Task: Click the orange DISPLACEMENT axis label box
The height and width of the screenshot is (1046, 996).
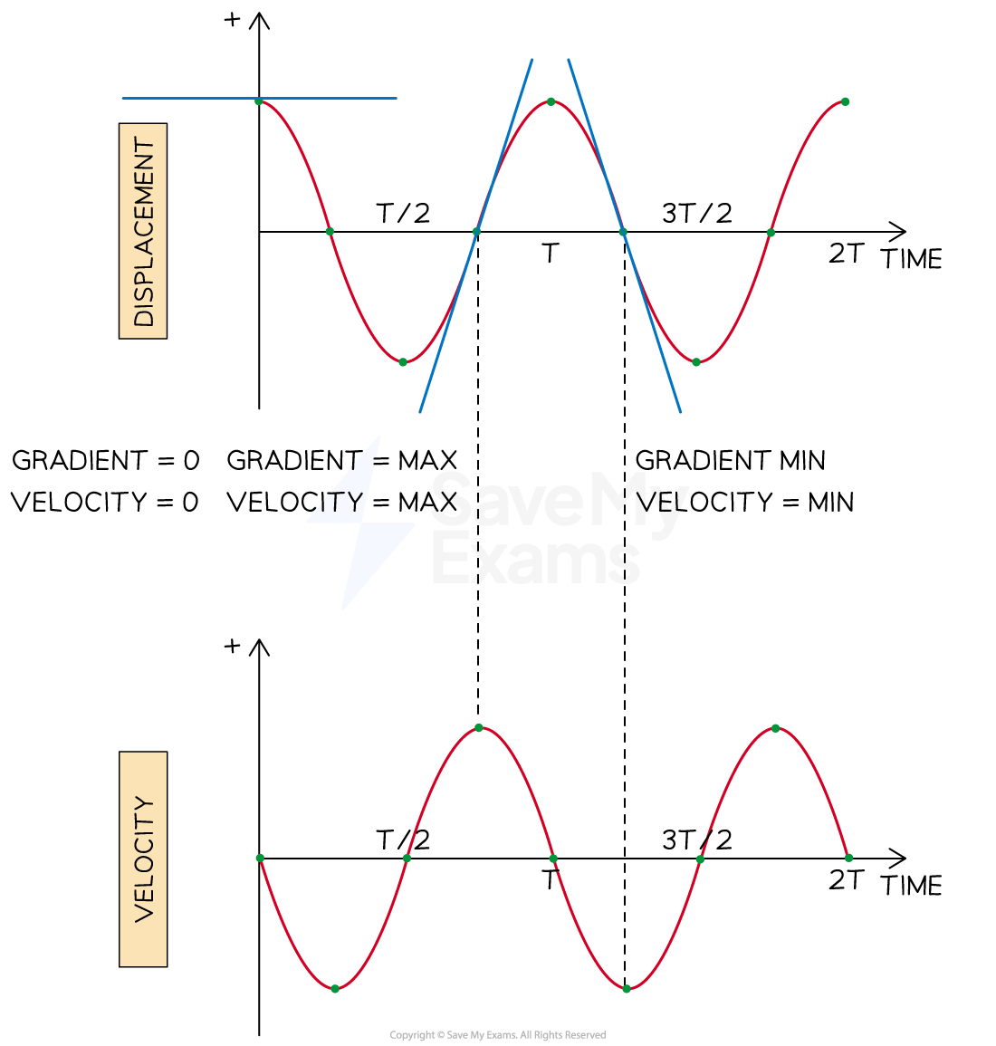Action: point(143,231)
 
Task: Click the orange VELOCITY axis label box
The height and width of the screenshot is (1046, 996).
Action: point(143,859)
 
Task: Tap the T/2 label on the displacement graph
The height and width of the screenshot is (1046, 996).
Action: point(403,214)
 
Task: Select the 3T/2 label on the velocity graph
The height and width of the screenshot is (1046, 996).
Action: point(697,840)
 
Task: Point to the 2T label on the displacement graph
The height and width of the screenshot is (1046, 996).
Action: point(847,254)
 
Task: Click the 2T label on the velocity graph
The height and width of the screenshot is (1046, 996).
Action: point(847,880)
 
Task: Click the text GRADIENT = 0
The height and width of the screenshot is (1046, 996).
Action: point(106,460)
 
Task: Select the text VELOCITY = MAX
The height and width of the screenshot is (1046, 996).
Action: point(342,502)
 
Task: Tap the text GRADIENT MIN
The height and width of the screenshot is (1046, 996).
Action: point(731,460)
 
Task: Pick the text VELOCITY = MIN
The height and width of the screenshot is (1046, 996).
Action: point(745,502)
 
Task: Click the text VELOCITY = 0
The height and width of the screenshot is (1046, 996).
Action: point(105,502)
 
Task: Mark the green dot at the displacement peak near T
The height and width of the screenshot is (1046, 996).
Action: point(551,101)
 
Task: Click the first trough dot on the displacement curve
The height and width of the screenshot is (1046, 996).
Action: point(403,362)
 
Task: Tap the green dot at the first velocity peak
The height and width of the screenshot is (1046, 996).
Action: point(479,728)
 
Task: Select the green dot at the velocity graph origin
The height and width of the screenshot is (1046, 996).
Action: point(260,858)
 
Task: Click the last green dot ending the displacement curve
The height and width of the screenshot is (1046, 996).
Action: point(845,102)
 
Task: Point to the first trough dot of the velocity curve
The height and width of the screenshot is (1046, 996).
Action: point(335,989)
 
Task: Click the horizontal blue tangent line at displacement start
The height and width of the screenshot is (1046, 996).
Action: point(260,98)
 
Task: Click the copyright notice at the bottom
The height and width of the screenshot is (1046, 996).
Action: point(498,1034)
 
